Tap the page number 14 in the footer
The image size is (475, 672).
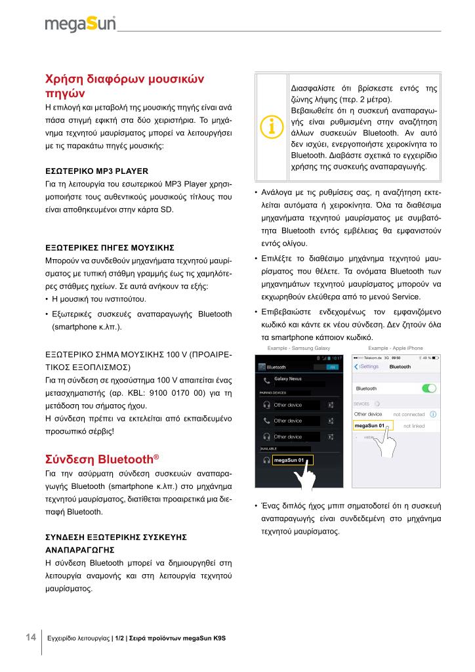(x=30, y=637)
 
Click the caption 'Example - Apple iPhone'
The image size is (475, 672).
(x=396, y=347)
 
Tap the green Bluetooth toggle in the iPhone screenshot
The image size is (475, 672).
(x=429, y=388)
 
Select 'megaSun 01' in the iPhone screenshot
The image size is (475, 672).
(x=369, y=427)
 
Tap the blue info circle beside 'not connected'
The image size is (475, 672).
(x=434, y=415)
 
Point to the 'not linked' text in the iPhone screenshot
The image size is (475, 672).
(x=415, y=427)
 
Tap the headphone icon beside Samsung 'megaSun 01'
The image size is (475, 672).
(x=266, y=461)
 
